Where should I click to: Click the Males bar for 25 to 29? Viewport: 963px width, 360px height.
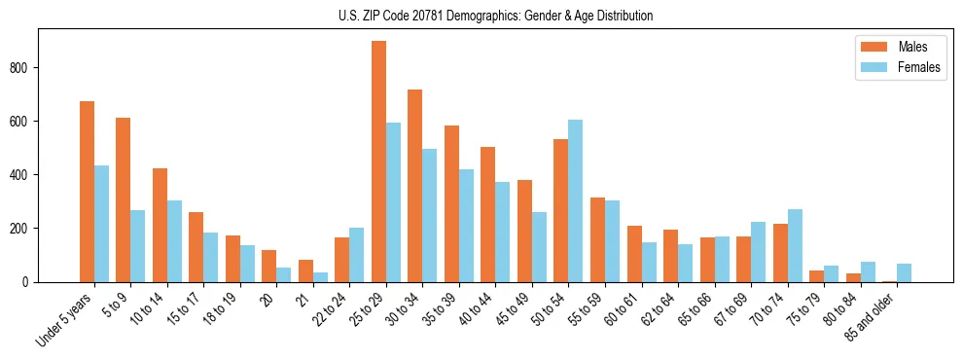tap(378, 162)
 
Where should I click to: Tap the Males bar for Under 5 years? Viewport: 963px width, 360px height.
tap(87, 192)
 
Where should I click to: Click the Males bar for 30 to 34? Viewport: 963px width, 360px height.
tap(415, 186)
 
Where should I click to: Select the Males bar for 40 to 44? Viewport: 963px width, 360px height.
tap(488, 215)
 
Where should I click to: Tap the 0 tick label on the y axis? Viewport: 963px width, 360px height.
tap(29, 282)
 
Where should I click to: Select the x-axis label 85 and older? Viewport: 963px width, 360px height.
tap(870, 317)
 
